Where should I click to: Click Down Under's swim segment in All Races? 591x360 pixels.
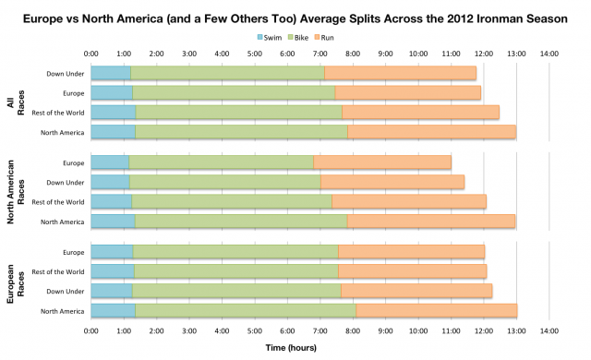pos(110,73)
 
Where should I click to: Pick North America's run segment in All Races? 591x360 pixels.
pos(431,132)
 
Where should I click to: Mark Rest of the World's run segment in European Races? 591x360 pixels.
pos(412,270)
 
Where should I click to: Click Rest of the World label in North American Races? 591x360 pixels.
pos(58,202)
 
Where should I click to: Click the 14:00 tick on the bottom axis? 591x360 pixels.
pos(549,330)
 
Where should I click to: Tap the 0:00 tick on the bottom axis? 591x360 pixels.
pos(90,330)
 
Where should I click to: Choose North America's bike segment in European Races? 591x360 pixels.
pos(246,310)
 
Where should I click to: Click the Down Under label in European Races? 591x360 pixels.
pos(66,291)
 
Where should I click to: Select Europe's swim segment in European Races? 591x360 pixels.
pos(112,251)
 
